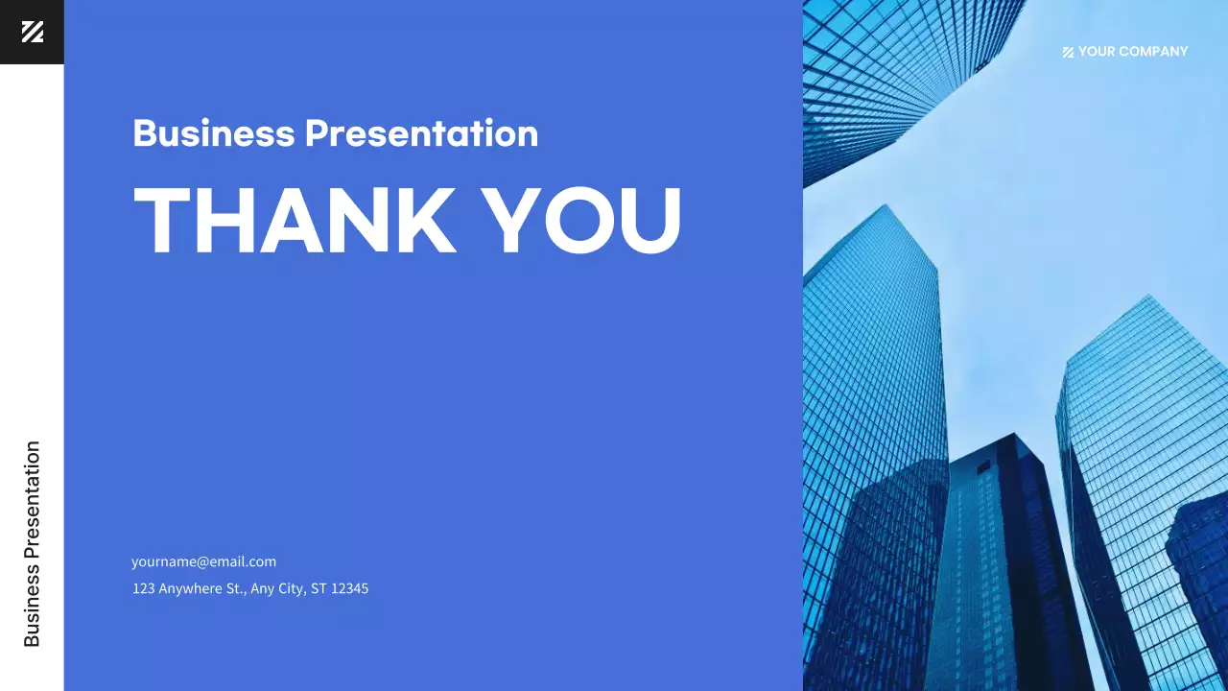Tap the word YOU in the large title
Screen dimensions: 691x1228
(x=581, y=220)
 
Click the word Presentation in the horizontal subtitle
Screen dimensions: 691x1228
(x=421, y=132)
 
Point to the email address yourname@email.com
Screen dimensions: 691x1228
(x=203, y=561)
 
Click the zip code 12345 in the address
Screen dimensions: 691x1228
(x=349, y=588)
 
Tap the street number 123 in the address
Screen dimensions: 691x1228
(x=143, y=588)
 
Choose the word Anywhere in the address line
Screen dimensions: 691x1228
(x=190, y=588)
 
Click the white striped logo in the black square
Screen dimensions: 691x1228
(x=32, y=32)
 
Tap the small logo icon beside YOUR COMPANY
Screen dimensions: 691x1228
(x=1068, y=52)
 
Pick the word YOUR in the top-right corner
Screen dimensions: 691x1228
(x=1095, y=52)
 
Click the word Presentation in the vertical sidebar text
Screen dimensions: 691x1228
(x=32, y=499)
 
